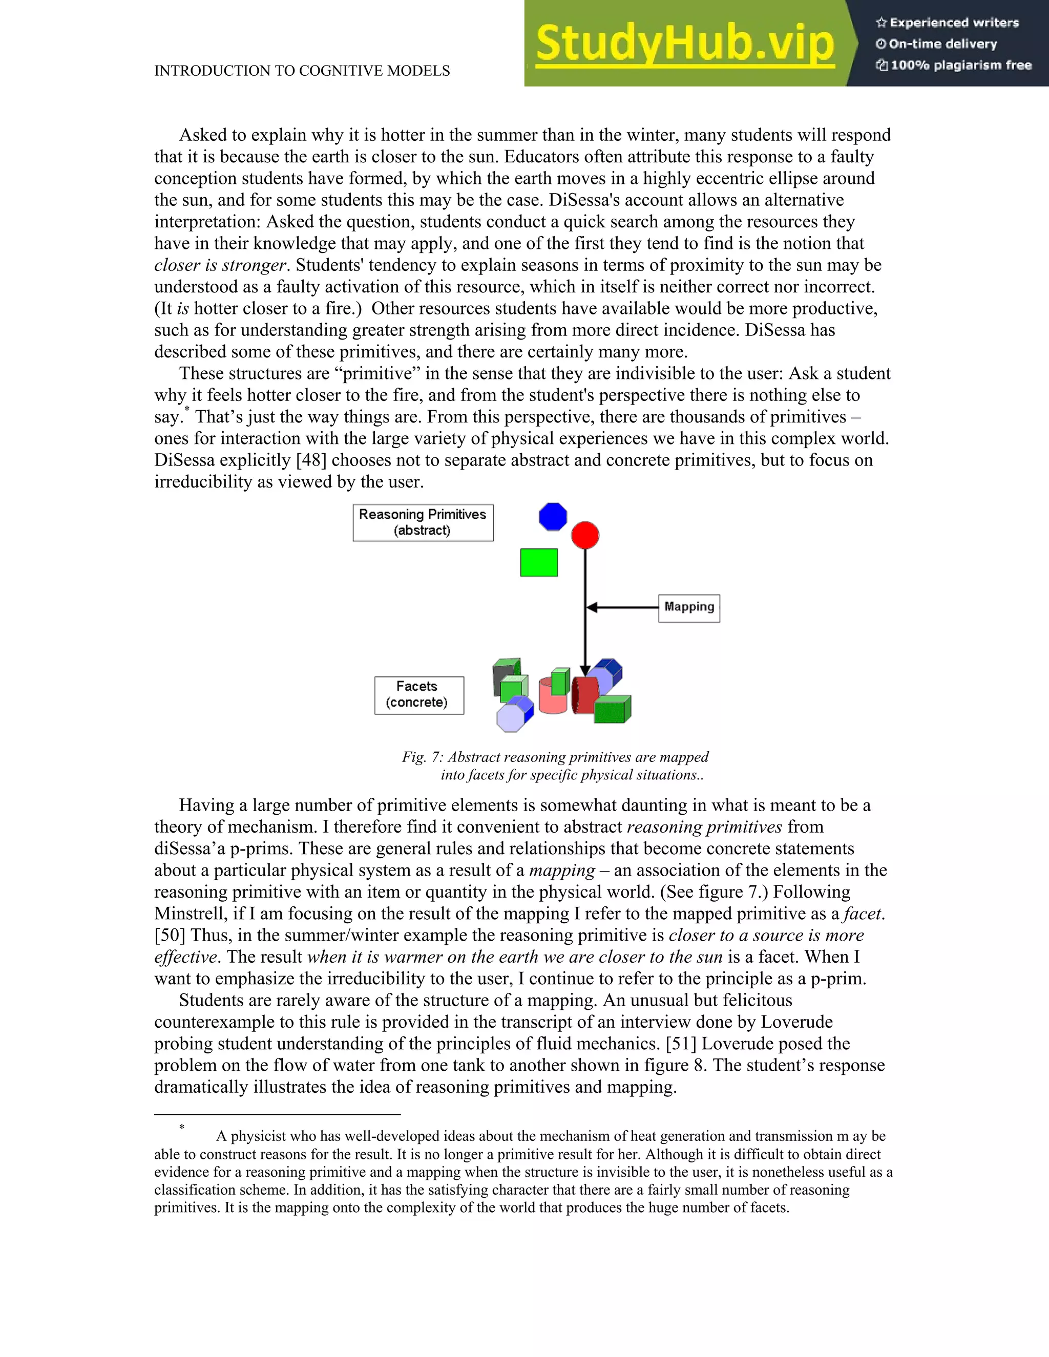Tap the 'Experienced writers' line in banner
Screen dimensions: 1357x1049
[x=948, y=23]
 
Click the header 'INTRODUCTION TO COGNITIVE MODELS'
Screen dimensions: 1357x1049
[x=302, y=71]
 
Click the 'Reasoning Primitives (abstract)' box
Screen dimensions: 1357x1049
[x=423, y=522]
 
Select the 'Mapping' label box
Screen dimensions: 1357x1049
[x=688, y=607]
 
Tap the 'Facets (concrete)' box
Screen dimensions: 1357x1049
[x=418, y=695]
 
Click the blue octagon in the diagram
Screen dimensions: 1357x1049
[x=553, y=516]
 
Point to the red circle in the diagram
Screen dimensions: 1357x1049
[x=585, y=535]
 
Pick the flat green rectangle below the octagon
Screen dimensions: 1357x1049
[x=538, y=562]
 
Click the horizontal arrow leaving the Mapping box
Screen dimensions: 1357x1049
[x=621, y=607]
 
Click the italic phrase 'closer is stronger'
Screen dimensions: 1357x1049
[x=220, y=265]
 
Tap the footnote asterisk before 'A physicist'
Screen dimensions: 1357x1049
[x=181, y=1127]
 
